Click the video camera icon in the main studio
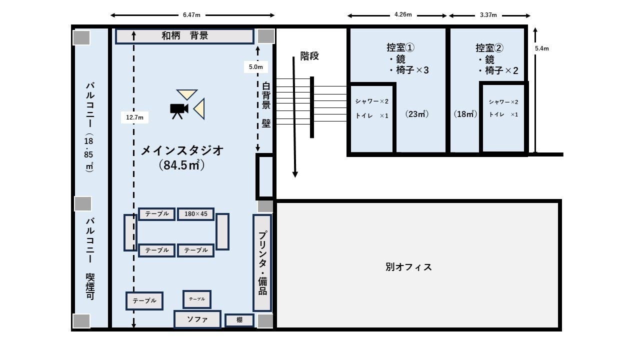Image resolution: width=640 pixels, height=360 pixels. pos(178,110)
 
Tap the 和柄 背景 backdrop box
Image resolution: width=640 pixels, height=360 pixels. pos(184,36)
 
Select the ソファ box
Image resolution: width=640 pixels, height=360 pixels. pos(197,319)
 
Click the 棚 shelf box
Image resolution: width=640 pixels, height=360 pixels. pos(239,320)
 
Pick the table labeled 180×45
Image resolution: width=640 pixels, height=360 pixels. pos(195,214)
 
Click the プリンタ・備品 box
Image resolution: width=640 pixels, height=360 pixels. pos(262,262)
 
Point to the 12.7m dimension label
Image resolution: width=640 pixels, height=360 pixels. pos(134,117)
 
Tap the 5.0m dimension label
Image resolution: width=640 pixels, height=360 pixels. pos(255,66)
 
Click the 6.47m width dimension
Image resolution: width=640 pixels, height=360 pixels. pos(192,15)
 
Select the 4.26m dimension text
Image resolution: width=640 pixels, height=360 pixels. pos(403,15)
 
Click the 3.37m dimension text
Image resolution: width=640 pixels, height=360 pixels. pos(488,15)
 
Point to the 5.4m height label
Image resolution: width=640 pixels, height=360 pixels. pos(541,48)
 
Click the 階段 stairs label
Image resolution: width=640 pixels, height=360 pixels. pos(309,56)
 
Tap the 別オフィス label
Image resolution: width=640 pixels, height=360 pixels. pos(408,267)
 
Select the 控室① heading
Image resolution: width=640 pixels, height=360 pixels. pos(400,47)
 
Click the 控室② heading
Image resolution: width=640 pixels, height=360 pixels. pos(489,48)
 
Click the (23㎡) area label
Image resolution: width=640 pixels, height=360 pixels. pos(416,114)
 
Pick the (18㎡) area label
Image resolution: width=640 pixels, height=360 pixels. pos(465,114)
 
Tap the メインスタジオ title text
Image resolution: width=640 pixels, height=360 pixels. pos(181,150)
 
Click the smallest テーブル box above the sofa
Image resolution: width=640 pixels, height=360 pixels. pos(196,299)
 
